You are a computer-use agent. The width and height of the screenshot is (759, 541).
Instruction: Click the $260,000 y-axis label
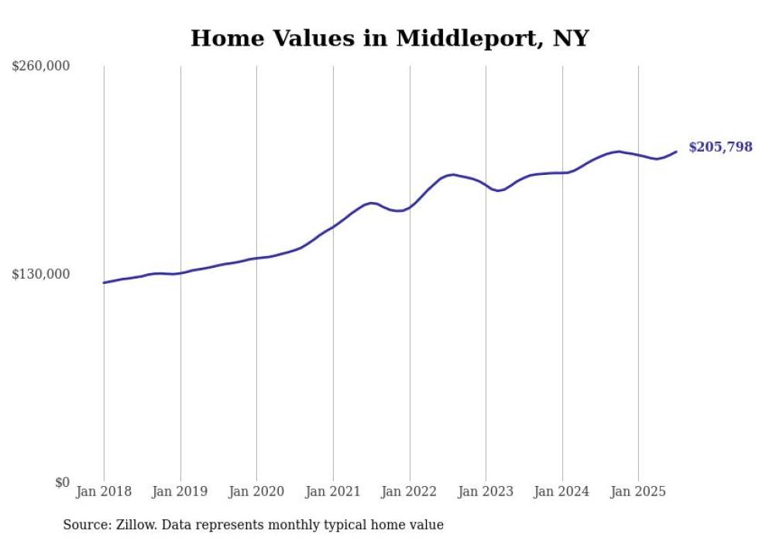pyautogui.click(x=41, y=67)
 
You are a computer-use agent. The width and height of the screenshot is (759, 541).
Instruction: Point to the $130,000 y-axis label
pyautogui.click(x=41, y=274)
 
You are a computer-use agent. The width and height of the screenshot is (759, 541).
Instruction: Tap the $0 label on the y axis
pyautogui.click(x=62, y=482)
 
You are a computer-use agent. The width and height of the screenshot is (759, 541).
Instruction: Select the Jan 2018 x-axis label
pyautogui.click(x=104, y=491)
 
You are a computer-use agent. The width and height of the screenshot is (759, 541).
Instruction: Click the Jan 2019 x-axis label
pyautogui.click(x=180, y=491)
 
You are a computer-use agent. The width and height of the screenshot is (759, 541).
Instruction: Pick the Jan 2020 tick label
pyautogui.click(x=256, y=491)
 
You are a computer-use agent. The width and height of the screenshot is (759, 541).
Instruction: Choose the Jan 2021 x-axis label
pyautogui.click(x=333, y=491)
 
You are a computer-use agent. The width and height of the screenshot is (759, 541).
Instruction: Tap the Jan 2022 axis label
pyautogui.click(x=410, y=491)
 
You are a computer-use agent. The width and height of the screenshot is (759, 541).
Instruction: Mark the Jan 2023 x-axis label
pyautogui.click(x=486, y=491)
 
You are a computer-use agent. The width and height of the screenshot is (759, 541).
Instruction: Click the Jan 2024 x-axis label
pyautogui.click(x=562, y=491)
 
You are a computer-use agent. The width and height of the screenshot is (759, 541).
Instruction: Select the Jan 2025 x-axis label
pyautogui.click(x=638, y=491)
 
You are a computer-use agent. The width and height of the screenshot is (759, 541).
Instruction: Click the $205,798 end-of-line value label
pyautogui.click(x=720, y=147)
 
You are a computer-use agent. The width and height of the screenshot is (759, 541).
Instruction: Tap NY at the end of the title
pyautogui.click(x=571, y=38)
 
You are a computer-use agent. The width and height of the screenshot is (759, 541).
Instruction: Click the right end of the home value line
pyautogui.click(x=677, y=151)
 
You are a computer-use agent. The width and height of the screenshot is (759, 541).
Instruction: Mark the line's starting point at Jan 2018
pyautogui.click(x=104, y=282)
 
